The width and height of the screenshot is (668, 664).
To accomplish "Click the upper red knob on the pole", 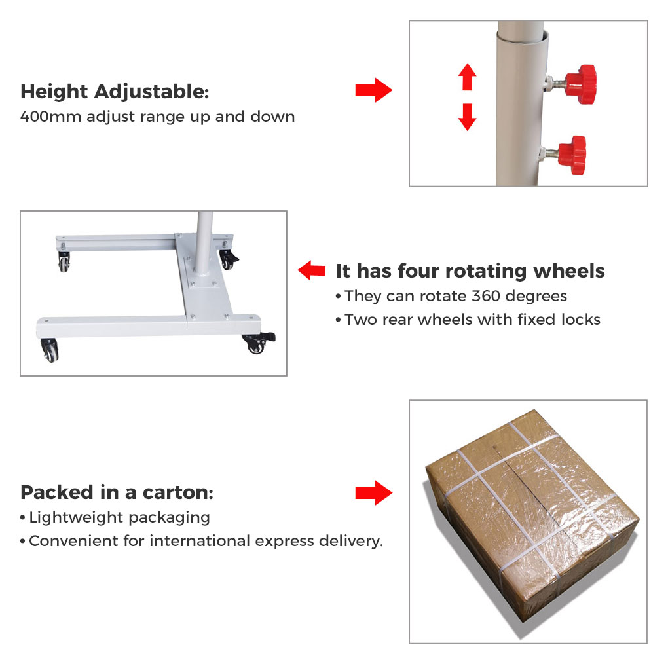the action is (x=581, y=84).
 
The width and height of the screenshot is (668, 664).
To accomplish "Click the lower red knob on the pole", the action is (x=572, y=155).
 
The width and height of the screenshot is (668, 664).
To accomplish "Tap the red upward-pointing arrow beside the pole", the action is (x=468, y=77).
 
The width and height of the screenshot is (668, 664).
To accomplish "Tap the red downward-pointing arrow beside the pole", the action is (x=468, y=117).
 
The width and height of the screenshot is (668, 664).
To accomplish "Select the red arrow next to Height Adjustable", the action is (x=373, y=90).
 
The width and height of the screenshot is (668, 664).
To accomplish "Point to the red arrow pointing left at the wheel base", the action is (x=312, y=270).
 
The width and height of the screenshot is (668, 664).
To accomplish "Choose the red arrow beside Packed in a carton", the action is (x=373, y=493).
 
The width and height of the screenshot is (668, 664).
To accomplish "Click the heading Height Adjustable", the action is (x=115, y=92).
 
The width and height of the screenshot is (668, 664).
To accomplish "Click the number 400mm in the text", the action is (x=50, y=117).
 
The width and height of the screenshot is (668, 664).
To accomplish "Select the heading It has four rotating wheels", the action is (x=470, y=271).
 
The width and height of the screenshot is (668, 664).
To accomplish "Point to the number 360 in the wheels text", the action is (x=486, y=296).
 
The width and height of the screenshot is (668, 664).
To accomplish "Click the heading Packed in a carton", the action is (x=117, y=493).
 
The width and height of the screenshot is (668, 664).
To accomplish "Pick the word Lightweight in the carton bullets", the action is (x=76, y=518).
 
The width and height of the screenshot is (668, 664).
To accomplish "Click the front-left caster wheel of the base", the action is (x=49, y=350).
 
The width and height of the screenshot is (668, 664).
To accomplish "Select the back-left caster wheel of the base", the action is (x=64, y=261).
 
